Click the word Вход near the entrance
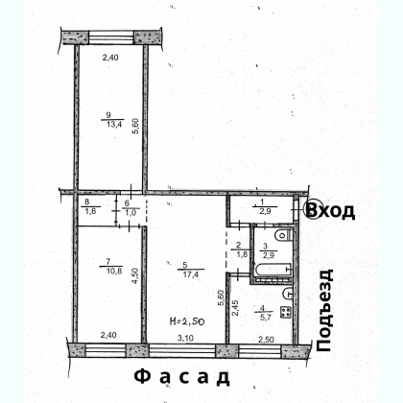(x=330, y=210)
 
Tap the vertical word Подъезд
(x=324, y=311)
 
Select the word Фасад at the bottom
(x=181, y=377)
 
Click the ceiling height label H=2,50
(x=187, y=320)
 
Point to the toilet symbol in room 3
(x=283, y=235)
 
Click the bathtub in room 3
(x=273, y=269)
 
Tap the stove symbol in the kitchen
(x=285, y=312)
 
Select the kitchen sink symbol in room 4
(x=289, y=294)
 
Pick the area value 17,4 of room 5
(x=190, y=274)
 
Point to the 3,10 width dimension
(x=185, y=338)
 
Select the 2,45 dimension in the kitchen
(x=235, y=307)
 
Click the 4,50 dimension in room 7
(x=136, y=275)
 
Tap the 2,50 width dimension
(x=266, y=340)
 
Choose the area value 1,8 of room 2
(x=241, y=255)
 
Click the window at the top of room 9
(x=110, y=37)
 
